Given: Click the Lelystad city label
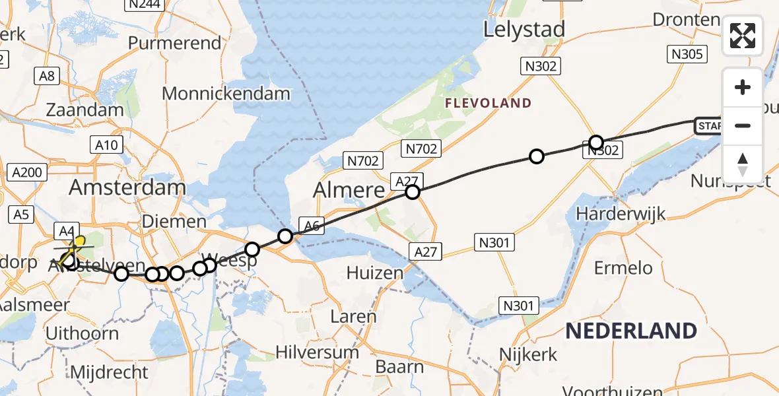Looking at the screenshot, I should coord(524,30).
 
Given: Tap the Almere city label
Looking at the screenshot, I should coord(349,190).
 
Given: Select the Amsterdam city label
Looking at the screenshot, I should coord(127,187).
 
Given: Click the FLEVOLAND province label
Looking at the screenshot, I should coord(488,103).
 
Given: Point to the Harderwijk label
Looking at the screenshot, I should coord(621,214).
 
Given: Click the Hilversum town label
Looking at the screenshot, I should coord(318,352).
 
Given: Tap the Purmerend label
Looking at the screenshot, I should coord(174,43).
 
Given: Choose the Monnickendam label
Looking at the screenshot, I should coord(226,94).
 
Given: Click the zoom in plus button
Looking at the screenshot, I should coord(743,87).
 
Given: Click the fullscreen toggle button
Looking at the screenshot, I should coord(743,36).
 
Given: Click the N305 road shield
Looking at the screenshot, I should coord(687,54).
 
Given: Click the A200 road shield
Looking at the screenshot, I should coord(27,173).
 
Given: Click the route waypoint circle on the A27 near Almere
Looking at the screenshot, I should coord(413,192).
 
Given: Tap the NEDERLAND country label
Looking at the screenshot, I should coord(630,331).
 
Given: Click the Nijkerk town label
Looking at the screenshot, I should coord(528,354).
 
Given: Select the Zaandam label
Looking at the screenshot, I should coord(85,110).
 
